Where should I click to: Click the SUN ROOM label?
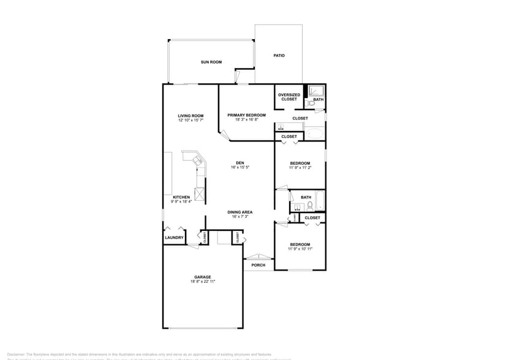211,62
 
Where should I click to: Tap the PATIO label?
279,56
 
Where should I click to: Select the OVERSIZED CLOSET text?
289,97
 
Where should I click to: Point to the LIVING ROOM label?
190,116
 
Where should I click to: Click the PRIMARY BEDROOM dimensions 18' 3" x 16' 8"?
246,120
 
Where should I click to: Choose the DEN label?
240,163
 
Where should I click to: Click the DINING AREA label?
240,212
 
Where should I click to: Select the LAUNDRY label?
174,238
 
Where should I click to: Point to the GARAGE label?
202,277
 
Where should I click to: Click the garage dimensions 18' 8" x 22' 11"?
202,281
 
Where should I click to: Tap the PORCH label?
258,265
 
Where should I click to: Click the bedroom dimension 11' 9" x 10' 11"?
301,249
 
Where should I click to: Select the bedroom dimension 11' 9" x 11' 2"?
301,168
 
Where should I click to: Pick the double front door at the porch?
258,257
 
